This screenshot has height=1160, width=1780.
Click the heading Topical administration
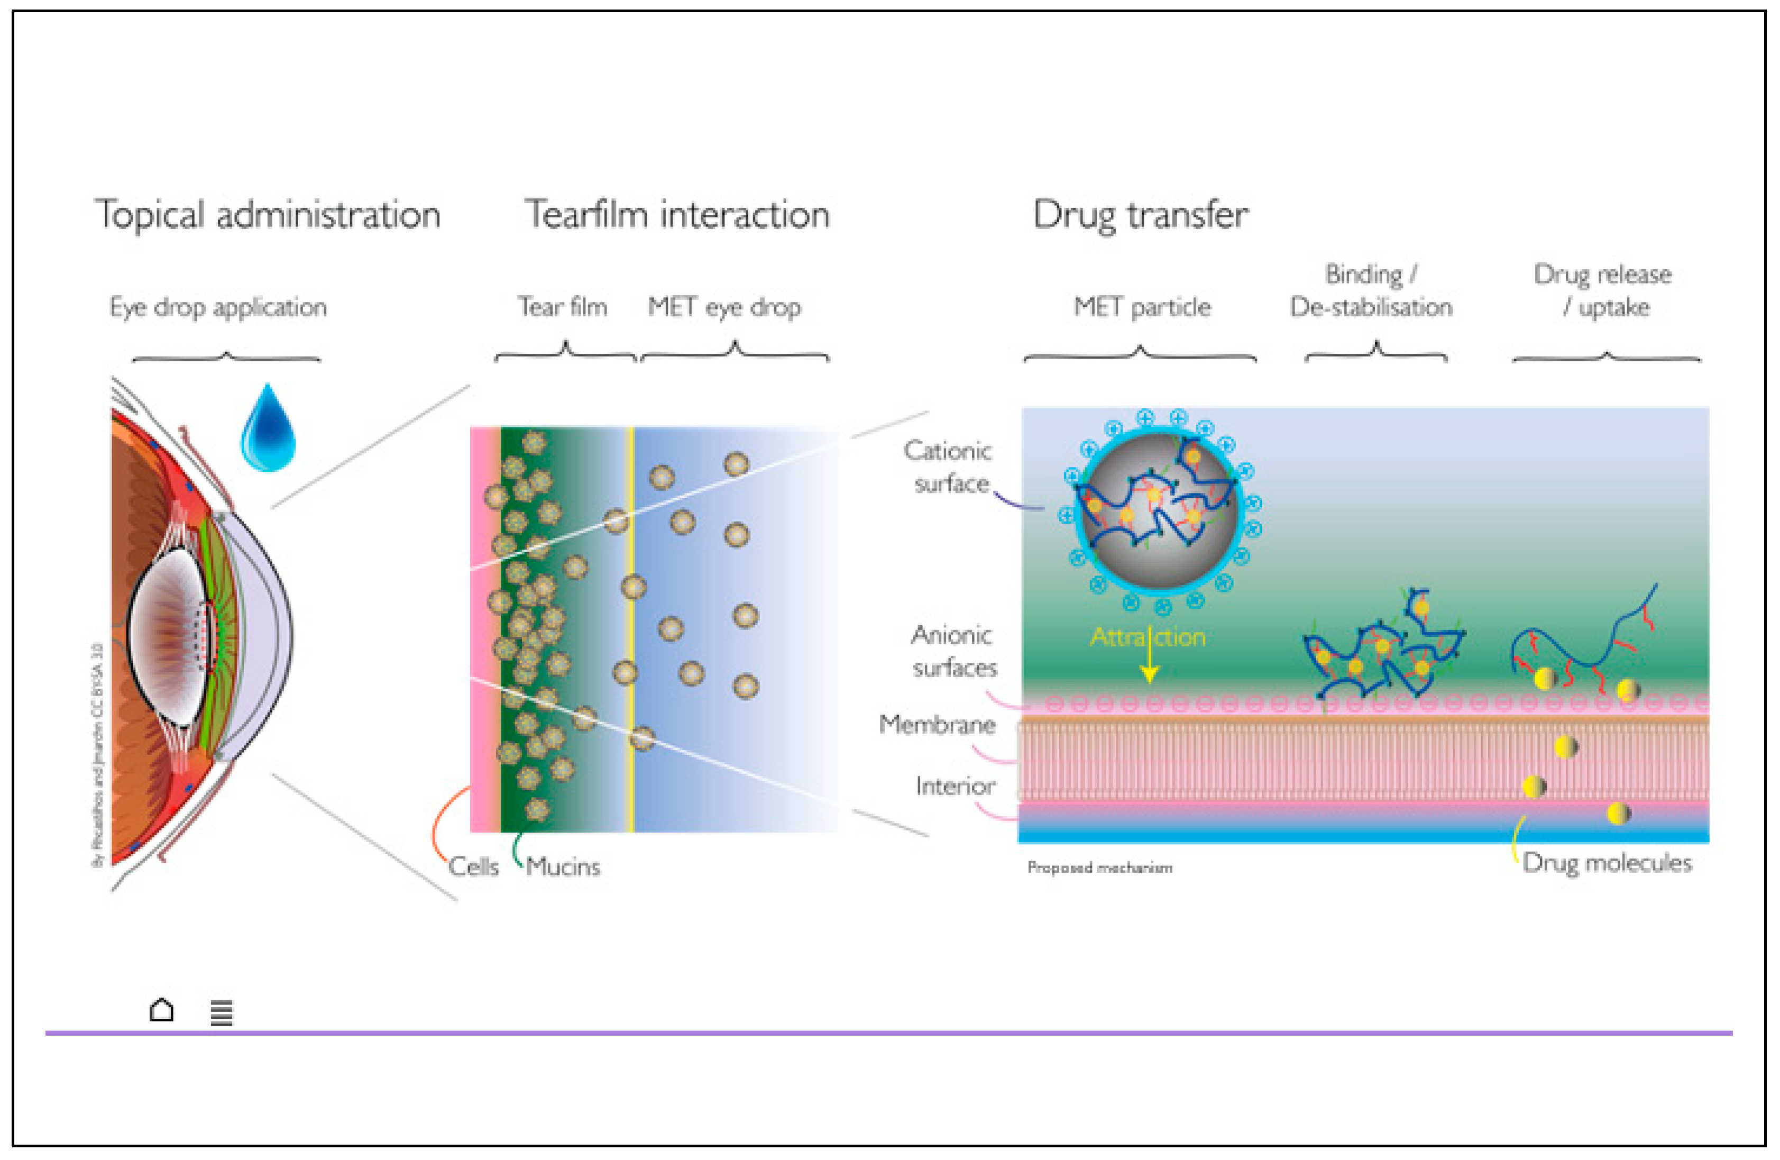(x=267, y=215)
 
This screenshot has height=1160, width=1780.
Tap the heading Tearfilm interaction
(x=677, y=215)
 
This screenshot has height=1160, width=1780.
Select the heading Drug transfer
(x=1141, y=215)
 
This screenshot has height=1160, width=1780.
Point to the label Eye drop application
(x=218, y=307)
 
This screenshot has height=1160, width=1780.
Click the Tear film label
(x=563, y=307)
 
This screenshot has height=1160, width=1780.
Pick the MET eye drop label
(x=724, y=307)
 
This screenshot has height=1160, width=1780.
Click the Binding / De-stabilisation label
(x=1371, y=291)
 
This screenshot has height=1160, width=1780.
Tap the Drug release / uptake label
(x=1603, y=291)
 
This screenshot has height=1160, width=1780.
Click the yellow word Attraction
(x=1148, y=636)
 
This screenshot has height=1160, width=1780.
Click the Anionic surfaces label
(x=953, y=651)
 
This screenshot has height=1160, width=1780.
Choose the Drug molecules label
(x=1607, y=863)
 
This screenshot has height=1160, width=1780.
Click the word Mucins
(x=563, y=867)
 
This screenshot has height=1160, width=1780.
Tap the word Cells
(x=473, y=867)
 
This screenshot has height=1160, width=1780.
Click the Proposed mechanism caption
(x=1099, y=867)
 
